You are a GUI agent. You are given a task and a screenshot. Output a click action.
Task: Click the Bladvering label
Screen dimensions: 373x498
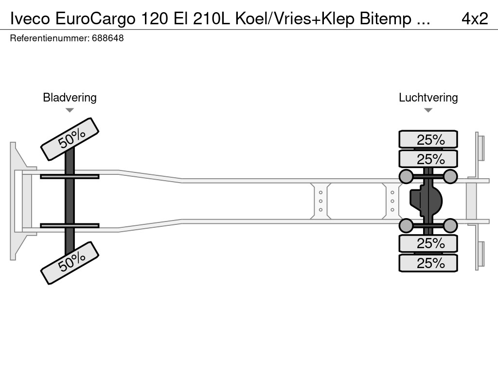70,98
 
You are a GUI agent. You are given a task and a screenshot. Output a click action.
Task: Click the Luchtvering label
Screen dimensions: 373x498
428,98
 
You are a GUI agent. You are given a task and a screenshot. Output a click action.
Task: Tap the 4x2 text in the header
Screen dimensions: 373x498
474,18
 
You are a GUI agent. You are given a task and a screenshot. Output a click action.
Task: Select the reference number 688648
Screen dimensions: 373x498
107,38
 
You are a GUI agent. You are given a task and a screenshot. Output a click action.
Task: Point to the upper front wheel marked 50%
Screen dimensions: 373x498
70,139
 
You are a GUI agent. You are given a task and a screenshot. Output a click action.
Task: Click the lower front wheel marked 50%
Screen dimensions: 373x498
70,263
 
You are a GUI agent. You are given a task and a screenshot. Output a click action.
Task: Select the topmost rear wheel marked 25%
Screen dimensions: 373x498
428,139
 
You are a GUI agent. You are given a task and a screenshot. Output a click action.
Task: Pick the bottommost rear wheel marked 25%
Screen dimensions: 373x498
428,263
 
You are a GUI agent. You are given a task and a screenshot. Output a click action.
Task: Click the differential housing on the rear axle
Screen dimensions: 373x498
428,202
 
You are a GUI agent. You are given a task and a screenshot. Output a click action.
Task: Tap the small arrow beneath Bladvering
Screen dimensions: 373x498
70,110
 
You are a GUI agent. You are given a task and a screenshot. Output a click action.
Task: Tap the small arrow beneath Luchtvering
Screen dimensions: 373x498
428,110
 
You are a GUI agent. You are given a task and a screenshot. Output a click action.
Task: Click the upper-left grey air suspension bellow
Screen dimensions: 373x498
406,176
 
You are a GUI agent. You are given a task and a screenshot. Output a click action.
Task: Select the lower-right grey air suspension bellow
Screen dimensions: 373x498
450,226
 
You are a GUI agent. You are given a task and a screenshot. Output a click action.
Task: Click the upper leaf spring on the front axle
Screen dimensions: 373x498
70,176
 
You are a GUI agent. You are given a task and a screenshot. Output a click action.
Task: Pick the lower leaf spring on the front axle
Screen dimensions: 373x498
70,226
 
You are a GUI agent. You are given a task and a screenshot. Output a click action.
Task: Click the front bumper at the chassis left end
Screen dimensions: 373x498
17,201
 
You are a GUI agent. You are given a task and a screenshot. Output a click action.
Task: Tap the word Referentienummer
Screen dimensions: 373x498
49,38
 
